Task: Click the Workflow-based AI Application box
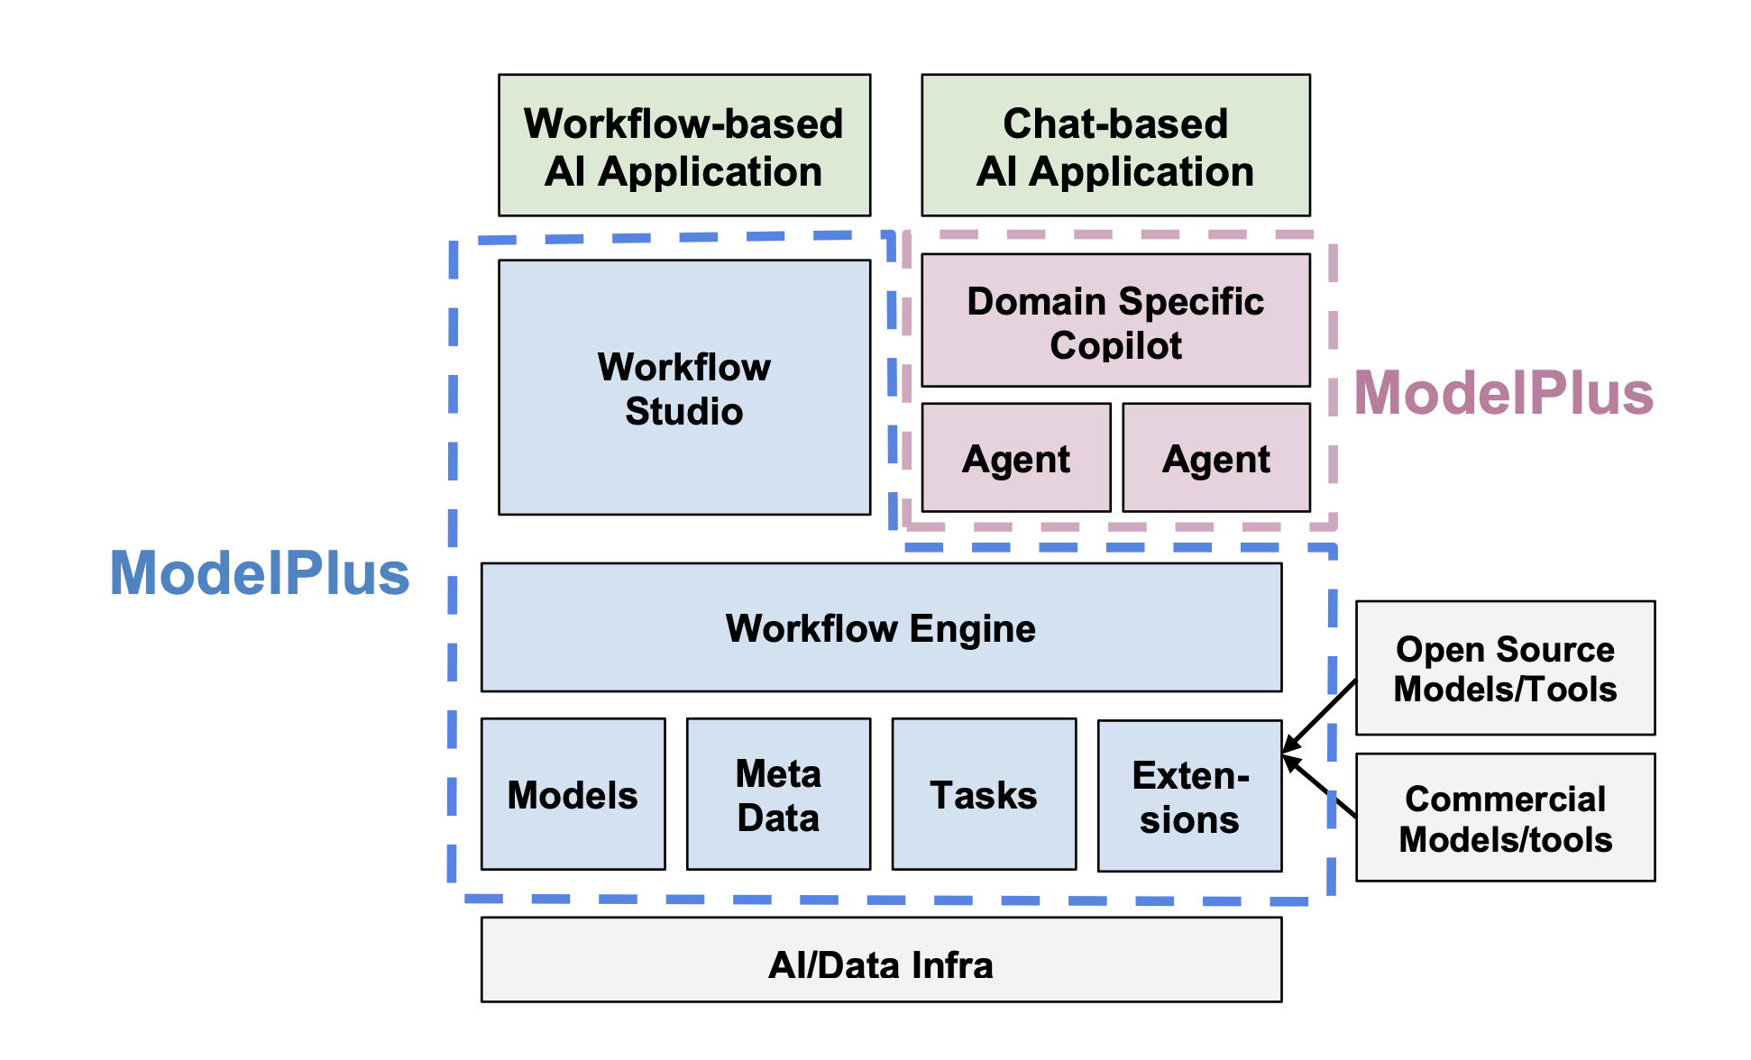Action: tap(684, 145)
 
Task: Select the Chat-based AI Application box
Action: tap(1115, 145)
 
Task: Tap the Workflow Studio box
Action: tap(684, 388)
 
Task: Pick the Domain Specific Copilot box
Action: tap(1115, 320)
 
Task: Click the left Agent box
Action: tap(1016, 458)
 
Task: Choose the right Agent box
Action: tap(1216, 458)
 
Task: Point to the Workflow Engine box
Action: tap(881, 627)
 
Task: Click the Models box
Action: tap(573, 794)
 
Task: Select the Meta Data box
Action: tap(778, 794)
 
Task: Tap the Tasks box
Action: tap(984, 794)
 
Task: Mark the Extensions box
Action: tap(1189, 796)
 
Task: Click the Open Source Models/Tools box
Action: tap(1505, 668)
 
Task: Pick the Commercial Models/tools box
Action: tap(1505, 818)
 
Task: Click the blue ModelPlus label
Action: tap(260, 573)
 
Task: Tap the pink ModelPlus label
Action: tap(1504, 394)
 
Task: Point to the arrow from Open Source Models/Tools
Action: tap(1320, 716)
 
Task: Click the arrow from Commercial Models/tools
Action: tap(1320, 786)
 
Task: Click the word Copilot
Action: tap(1115, 345)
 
